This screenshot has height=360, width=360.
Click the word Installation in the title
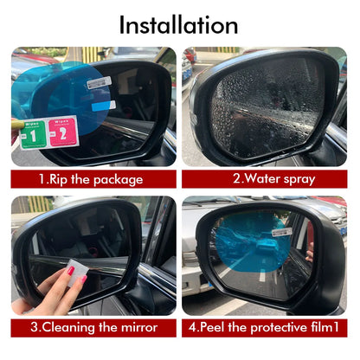click(x=179, y=23)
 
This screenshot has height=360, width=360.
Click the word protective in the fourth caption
click(x=281, y=328)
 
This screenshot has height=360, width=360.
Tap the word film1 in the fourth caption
click(x=328, y=328)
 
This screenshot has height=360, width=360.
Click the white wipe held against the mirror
click(x=77, y=274)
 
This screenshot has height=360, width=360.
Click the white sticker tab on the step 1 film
click(x=98, y=82)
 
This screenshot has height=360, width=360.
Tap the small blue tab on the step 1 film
click(x=109, y=105)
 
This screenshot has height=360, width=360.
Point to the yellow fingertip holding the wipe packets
click(x=16, y=130)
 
